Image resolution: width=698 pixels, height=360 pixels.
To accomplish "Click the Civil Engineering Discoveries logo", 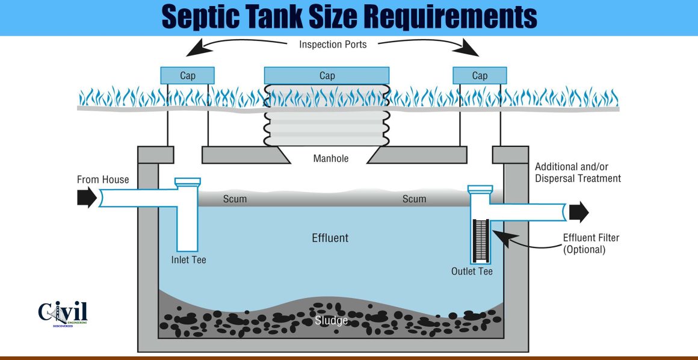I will (x=63, y=313).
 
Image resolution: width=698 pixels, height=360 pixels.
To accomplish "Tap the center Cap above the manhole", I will (x=327, y=75).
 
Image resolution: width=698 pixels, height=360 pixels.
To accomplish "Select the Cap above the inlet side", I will (x=188, y=75).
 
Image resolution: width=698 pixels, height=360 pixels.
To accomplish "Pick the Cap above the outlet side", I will (x=480, y=75).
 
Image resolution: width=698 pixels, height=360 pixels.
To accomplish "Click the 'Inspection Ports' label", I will (x=333, y=45).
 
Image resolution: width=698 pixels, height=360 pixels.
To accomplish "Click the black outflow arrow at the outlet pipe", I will (x=579, y=212).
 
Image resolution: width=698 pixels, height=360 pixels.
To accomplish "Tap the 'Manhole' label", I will (x=331, y=159).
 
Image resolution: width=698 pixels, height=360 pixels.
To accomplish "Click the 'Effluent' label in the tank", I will (x=330, y=238).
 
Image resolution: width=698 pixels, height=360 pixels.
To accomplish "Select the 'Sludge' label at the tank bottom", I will (x=331, y=320).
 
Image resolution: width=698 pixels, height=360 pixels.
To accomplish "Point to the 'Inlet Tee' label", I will (x=189, y=260).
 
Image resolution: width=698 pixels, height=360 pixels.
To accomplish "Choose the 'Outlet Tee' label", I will (x=472, y=272).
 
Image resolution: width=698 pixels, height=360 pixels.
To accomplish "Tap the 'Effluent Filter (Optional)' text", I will (x=591, y=243).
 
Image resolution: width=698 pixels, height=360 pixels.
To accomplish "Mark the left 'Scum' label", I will (x=235, y=199).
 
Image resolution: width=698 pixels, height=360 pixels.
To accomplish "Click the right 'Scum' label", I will (x=414, y=199).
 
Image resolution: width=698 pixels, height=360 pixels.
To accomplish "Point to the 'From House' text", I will (x=103, y=179).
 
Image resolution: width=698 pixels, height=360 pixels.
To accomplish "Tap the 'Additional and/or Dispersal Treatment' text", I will (x=578, y=172).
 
